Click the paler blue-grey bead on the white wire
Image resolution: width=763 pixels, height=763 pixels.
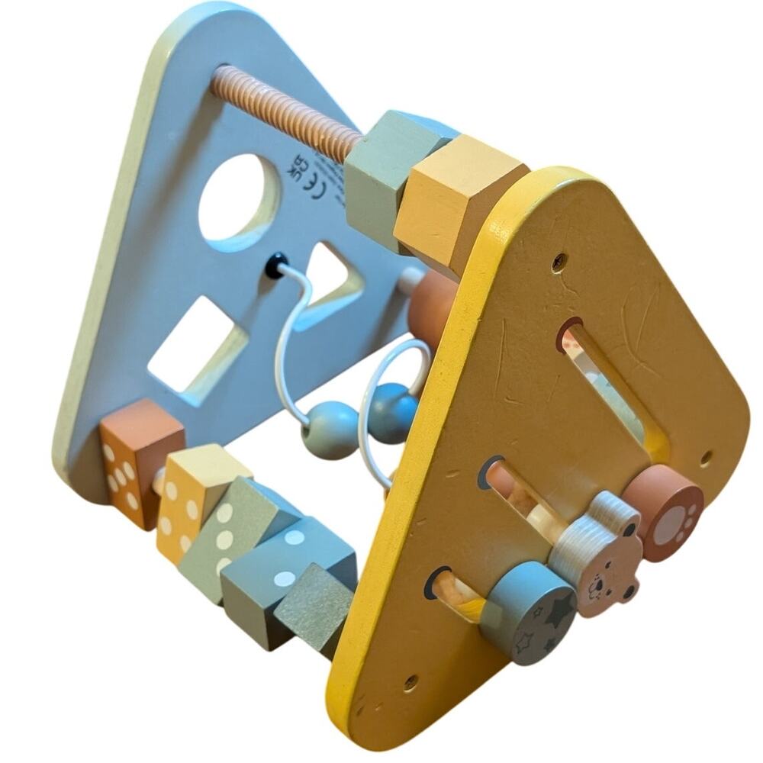tap(330, 430)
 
